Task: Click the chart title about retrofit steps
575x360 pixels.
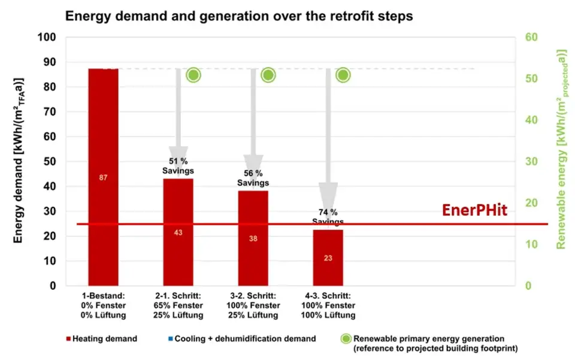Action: [239, 16]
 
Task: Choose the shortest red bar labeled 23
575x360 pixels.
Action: [328, 258]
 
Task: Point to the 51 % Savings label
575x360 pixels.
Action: [178, 166]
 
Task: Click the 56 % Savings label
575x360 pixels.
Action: [253, 178]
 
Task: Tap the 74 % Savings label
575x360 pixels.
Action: [328, 217]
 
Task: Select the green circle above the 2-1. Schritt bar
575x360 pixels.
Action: [193, 75]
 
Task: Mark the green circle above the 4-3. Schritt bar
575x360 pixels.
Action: [343, 75]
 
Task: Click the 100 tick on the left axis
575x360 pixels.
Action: [47, 37]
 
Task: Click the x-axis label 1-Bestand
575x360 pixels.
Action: [103, 305]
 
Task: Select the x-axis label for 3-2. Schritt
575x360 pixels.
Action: [253, 305]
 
